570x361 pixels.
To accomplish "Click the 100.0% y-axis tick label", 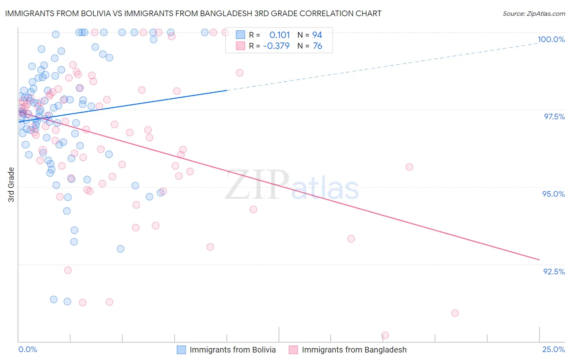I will (551, 39).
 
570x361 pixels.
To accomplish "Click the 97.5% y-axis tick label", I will (554, 117).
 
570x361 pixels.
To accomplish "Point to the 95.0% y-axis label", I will (553, 194).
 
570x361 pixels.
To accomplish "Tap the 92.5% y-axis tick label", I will (554, 272).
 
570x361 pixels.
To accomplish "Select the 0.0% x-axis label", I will (28, 349).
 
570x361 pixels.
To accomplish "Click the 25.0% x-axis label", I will (553, 349).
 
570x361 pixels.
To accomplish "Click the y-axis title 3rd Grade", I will (11, 185).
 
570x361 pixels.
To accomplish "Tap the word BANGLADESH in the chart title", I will (227, 13).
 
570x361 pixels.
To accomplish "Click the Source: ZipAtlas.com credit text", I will (534, 13).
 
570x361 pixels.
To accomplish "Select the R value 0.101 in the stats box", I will (279, 35).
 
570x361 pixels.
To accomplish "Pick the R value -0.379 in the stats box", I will (276, 46).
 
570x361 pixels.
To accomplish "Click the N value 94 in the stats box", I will (317, 35).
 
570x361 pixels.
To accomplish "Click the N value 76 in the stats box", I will (317, 46).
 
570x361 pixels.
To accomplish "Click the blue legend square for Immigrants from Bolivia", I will (181, 350).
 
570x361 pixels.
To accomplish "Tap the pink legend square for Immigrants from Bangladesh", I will (293, 350).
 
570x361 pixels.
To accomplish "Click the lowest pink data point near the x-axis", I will (385, 336).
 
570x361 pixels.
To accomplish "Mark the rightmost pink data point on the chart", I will (455, 313).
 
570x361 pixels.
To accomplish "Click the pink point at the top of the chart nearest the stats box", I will (225, 32).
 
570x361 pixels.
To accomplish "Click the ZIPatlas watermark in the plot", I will (292, 185).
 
